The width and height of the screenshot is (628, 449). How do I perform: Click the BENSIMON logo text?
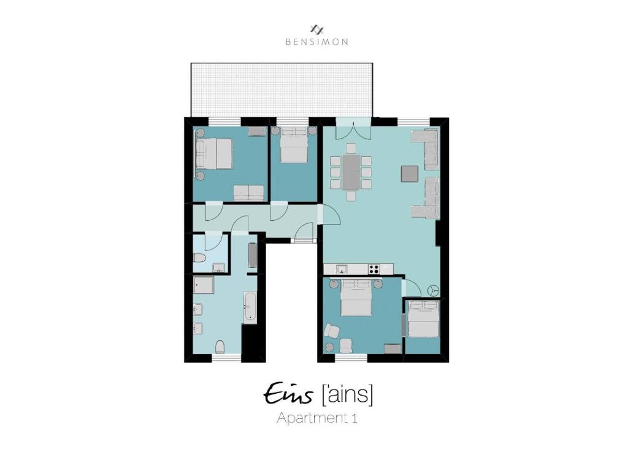316,42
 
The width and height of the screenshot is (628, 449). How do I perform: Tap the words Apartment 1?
316,418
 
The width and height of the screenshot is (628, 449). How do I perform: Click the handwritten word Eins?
288,394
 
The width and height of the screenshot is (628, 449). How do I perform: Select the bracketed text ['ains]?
347,394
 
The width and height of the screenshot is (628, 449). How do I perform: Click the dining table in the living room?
351,172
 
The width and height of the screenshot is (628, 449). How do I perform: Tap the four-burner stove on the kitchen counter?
373,269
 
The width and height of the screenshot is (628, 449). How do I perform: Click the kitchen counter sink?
342,269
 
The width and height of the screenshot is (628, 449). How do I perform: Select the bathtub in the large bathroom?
250,307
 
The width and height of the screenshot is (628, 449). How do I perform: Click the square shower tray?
203,285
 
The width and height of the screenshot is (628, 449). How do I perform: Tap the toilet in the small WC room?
199,260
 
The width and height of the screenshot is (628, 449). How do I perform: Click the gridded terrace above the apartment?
281,89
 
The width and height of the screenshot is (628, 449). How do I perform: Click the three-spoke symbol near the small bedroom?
434,290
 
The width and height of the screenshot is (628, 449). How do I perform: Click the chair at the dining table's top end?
351,148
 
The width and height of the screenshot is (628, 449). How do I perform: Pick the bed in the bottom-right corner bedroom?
423,319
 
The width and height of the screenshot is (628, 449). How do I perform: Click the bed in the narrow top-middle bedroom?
294,146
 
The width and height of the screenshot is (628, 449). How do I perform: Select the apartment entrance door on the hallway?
302,233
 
